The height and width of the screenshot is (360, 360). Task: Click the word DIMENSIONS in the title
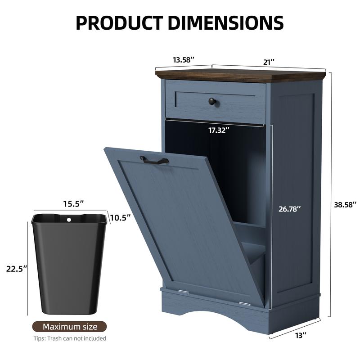pos(226,23)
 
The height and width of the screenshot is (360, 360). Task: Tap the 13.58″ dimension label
pos(184,60)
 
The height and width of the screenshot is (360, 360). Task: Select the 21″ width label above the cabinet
pos(269,62)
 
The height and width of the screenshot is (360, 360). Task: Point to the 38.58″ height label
pos(345,205)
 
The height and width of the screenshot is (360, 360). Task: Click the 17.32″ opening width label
pos(219,130)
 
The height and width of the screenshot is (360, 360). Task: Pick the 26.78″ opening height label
pos(289,209)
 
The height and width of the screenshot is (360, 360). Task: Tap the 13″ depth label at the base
pos(301,335)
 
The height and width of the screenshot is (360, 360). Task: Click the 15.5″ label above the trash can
pos(73,204)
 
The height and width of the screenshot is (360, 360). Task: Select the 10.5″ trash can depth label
pos(120,217)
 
